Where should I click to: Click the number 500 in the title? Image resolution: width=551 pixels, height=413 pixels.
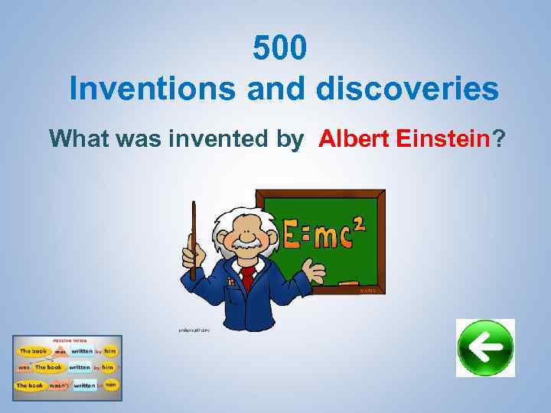pos(280,50)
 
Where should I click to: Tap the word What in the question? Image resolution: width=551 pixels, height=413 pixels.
pos(82,139)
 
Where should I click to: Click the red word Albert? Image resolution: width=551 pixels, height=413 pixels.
pos(353,139)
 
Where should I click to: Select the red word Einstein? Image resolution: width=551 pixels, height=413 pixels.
pos(442,139)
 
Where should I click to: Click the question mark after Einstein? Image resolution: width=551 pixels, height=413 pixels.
pos(499,139)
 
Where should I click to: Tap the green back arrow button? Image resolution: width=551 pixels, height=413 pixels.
pos(485,348)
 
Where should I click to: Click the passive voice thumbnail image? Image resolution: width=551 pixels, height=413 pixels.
pos(67,364)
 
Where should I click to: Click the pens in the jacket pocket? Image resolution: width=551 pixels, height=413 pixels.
pos(230,283)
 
